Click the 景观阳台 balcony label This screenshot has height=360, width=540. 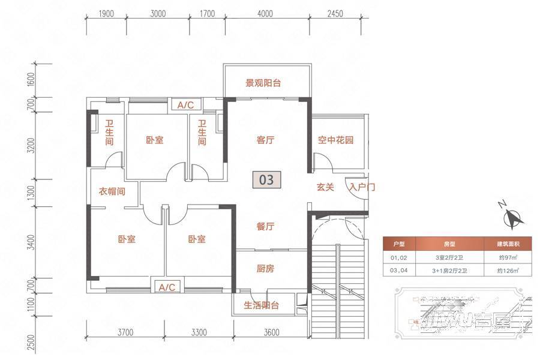(263, 83)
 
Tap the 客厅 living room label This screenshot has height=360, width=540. (265, 140)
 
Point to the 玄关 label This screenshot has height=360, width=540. (325, 187)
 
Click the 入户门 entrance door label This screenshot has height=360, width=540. (362, 187)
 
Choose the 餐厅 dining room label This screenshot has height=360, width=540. (265, 227)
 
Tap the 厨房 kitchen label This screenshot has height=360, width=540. (265, 269)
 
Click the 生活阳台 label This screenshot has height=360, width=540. (262, 305)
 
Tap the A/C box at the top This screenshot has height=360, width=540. (185, 105)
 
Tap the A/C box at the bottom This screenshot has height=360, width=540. (166, 287)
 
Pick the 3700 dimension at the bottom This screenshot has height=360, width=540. (126, 331)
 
